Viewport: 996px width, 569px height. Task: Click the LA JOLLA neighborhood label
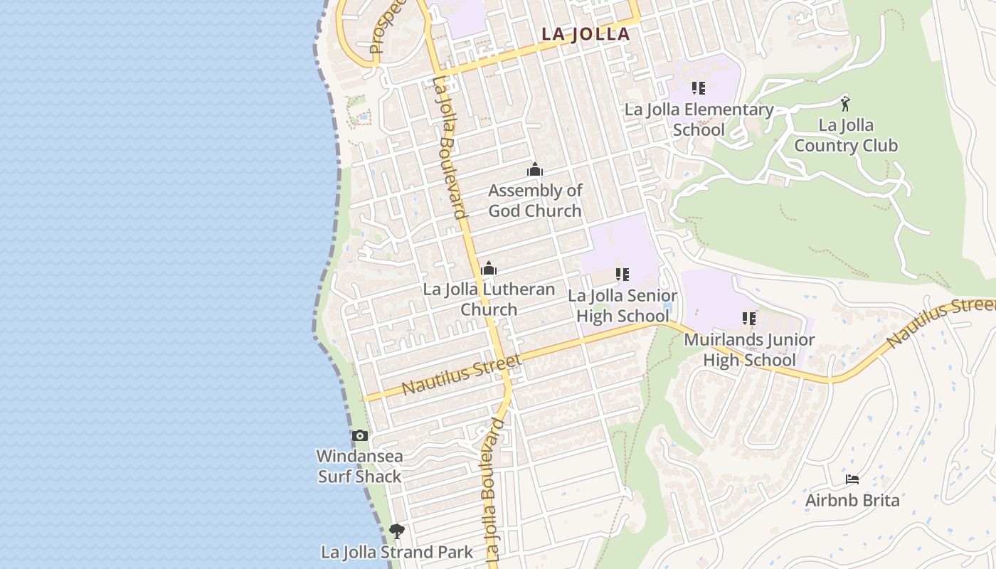coord(586,33)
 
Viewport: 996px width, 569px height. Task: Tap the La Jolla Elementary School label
coord(699,119)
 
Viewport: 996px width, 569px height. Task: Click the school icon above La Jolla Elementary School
coord(699,88)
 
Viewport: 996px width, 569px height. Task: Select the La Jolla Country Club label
coord(846,136)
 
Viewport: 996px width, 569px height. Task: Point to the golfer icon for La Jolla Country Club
coord(845,104)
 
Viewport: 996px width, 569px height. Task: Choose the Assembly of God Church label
coord(535,201)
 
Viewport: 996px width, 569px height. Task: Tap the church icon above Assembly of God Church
coord(535,169)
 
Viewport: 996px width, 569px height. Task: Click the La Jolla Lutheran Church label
coord(489,299)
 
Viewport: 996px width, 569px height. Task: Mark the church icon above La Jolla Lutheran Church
coord(489,268)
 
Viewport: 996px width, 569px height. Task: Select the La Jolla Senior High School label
coord(622,306)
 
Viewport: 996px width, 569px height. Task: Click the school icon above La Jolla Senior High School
coord(622,274)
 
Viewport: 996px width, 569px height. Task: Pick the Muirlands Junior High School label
coord(749,350)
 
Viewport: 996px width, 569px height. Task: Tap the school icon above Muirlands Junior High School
coord(749,318)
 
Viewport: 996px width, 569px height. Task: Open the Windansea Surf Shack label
coord(359,467)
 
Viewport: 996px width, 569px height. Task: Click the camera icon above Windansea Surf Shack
coord(360,435)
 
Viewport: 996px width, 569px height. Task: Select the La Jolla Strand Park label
coord(397,552)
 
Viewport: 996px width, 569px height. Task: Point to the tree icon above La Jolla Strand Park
coord(397,531)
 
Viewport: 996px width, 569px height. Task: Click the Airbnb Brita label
coord(852,500)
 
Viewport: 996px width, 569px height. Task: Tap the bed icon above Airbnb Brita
coord(852,479)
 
